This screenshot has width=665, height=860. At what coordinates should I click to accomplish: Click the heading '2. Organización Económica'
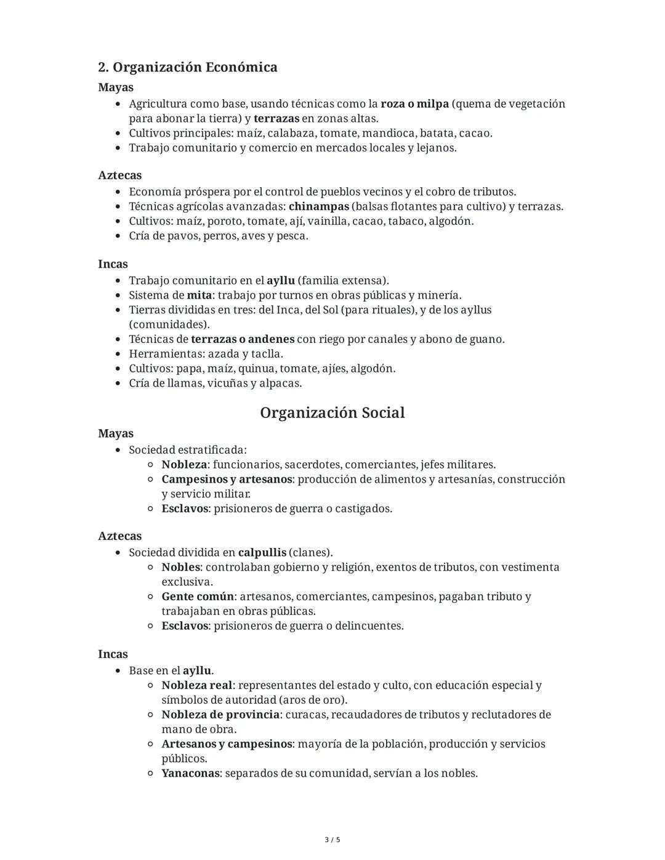coord(187,67)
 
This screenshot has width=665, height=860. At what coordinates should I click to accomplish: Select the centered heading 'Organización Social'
coord(332,412)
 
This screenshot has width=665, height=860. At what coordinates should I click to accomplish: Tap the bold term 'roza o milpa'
coord(414,103)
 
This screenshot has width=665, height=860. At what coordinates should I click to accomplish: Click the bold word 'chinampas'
coord(318,206)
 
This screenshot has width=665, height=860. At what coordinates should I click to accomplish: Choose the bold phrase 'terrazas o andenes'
coord(242,339)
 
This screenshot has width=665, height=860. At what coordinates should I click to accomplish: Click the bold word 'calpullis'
coord(262,552)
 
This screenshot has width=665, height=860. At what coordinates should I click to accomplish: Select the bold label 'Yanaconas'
coord(190,773)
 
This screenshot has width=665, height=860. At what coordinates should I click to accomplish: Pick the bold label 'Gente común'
coord(198,597)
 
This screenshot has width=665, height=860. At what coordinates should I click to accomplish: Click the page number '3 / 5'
coord(332,840)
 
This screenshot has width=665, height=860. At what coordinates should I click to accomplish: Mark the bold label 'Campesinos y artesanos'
coord(227,479)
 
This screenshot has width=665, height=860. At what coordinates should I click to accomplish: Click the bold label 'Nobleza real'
coord(196,685)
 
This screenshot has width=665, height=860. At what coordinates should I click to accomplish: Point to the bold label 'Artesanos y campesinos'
coord(227,744)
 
